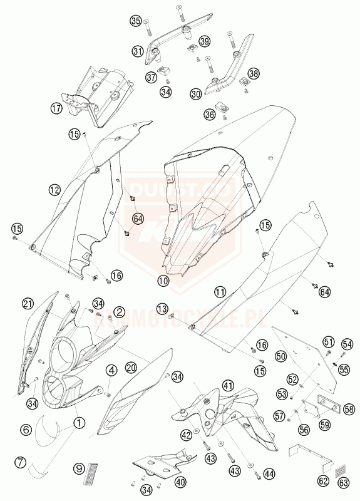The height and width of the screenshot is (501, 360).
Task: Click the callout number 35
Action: tap(136, 21)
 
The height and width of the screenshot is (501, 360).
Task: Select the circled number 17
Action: tap(56, 108)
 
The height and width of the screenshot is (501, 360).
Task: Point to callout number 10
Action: tap(163, 282)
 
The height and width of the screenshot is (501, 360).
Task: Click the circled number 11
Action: tap(219, 291)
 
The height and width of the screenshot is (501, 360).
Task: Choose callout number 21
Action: tap(27, 304)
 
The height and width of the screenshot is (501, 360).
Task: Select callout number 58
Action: tap(349, 409)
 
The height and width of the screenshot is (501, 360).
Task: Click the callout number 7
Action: tap(21, 463)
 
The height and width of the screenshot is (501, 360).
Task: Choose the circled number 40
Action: tap(180, 482)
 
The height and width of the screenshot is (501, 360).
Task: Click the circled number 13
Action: tap(162, 308)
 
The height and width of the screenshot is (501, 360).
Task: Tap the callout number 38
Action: tap(253, 74)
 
